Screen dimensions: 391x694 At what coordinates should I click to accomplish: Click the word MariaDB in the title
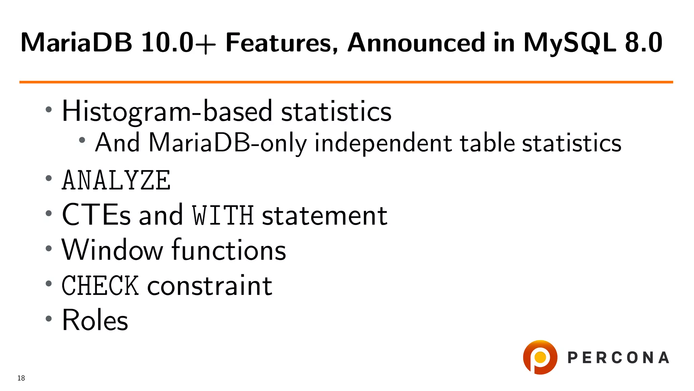click(76, 43)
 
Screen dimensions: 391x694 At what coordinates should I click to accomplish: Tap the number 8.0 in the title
click(643, 43)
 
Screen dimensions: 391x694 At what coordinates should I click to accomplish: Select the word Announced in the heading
click(416, 43)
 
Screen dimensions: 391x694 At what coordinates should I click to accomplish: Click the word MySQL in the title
click(569, 43)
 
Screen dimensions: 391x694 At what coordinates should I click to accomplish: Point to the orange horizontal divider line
click(346, 82)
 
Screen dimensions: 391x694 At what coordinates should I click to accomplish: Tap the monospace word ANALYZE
click(116, 181)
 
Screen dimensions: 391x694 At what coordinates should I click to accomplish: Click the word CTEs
click(96, 215)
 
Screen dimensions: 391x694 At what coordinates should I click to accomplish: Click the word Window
click(112, 250)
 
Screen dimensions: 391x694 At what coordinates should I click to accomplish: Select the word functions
click(229, 250)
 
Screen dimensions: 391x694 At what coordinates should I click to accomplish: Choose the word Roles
click(95, 320)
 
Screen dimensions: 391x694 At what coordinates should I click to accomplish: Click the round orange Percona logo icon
click(540, 357)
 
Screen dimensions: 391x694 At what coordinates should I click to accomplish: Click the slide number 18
click(21, 378)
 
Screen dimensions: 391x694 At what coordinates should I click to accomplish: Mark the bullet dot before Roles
click(49, 319)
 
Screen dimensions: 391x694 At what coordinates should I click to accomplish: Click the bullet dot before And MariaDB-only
click(82, 140)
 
